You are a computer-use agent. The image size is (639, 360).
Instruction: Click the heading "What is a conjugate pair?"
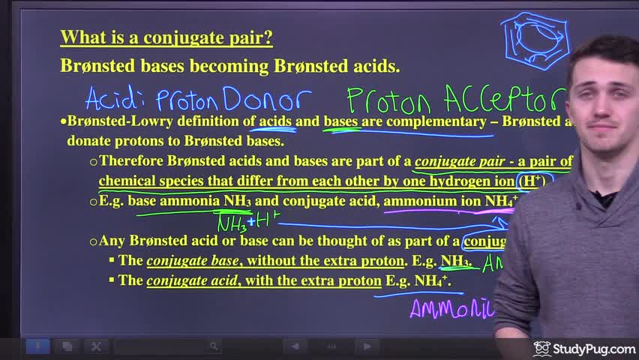[166, 37]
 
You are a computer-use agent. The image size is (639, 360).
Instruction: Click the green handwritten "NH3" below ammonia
[231, 223]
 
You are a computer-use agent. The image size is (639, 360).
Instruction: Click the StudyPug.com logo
[584, 349]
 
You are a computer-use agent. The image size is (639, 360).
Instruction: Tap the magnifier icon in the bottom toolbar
[214, 346]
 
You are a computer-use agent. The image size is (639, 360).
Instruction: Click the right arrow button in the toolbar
[367, 346]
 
